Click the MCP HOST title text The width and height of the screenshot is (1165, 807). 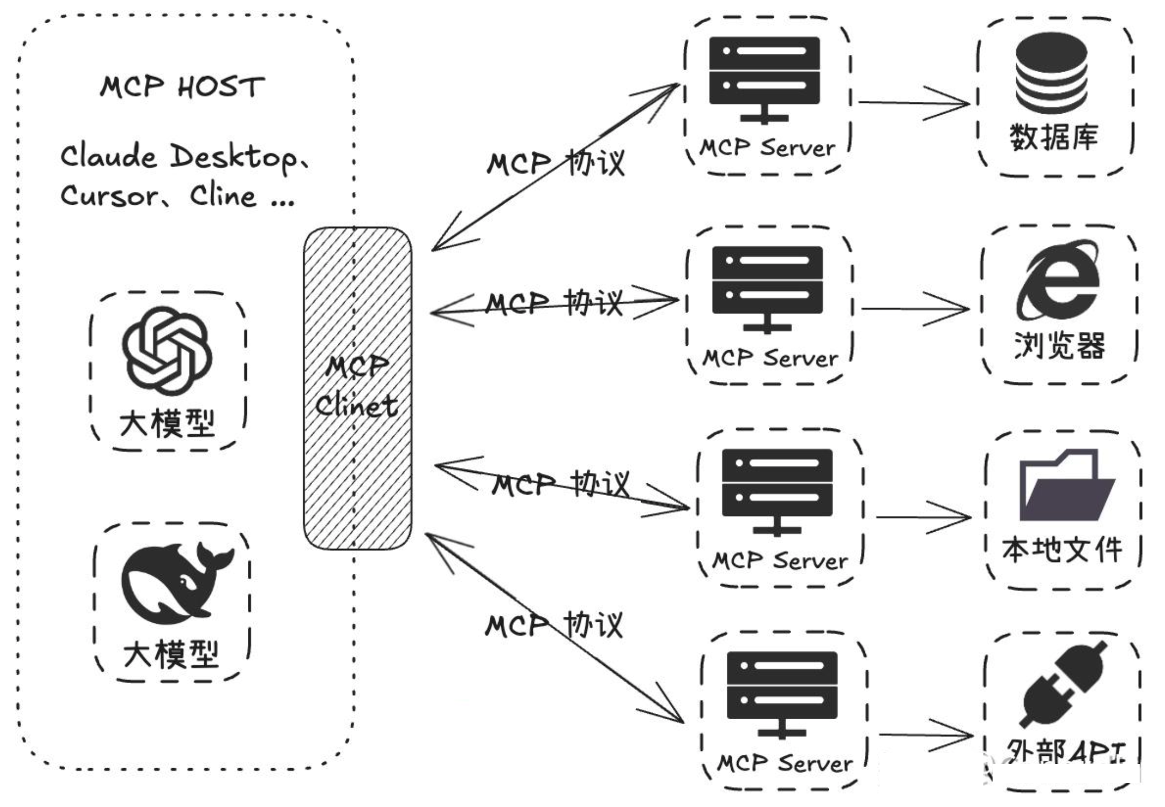click(182, 87)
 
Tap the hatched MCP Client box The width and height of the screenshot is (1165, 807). click(357, 388)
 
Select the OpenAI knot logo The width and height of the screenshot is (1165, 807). click(167, 350)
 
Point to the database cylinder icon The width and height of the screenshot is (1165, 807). click(1051, 73)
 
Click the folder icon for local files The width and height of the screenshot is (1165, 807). click(1067, 485)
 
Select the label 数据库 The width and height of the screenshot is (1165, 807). click(1053, 137)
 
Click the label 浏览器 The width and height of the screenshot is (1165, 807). click(1059, 345)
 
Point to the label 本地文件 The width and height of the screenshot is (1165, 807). click(1062, 550)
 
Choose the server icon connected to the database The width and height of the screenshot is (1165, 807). click(765, 80)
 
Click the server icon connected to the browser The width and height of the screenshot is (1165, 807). click(767, 290)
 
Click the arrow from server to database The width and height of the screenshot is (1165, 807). click(914, 102)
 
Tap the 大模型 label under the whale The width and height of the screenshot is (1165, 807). click(171, 655)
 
